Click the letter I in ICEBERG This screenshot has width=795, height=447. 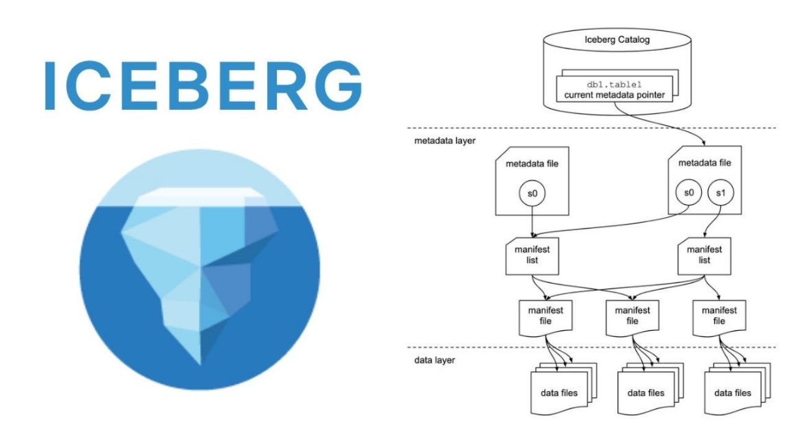(51, 86)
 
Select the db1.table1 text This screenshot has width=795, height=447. (614, 85)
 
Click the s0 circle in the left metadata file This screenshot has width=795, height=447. (533, 194)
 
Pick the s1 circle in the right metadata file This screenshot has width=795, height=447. (720, 194)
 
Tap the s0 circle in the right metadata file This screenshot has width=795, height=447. (688, 194)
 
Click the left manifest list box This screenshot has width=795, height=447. (532, 255)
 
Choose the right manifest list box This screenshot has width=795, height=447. (704, 255)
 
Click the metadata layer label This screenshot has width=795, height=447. (445, 141)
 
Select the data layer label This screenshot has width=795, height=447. (434, 360)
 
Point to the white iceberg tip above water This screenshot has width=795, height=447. (199, 196)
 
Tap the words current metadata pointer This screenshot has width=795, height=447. (614, 96)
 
